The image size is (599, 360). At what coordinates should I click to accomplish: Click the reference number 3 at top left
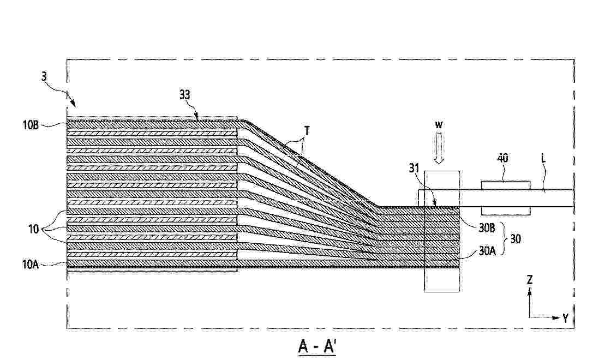pos(44,76)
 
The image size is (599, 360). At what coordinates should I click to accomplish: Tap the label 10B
pos(31,125)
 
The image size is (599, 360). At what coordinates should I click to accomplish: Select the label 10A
pos(31,264)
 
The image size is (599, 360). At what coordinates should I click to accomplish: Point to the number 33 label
pos(185,94)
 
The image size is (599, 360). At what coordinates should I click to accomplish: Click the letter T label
pos(307,131)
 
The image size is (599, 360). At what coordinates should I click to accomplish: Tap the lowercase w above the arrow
pos(439,125)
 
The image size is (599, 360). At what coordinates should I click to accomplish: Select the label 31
pos(415,168)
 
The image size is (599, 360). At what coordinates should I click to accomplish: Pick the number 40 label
pos(503,158)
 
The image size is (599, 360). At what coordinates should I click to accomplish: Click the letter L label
pos(544,158)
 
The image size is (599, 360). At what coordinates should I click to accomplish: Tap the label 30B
pos(487,228)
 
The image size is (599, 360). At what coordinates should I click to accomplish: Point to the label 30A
pos(487,251)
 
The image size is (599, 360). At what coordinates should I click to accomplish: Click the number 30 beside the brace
pos(515,239)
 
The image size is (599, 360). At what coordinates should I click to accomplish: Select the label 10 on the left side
pos(34,229)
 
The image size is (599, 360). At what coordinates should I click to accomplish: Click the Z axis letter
pos(530,280)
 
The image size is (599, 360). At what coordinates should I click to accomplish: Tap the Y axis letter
pos(566,317)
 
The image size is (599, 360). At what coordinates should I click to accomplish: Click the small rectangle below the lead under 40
pos(506,211)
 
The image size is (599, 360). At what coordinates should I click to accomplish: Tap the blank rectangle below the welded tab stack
pos(441,280)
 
